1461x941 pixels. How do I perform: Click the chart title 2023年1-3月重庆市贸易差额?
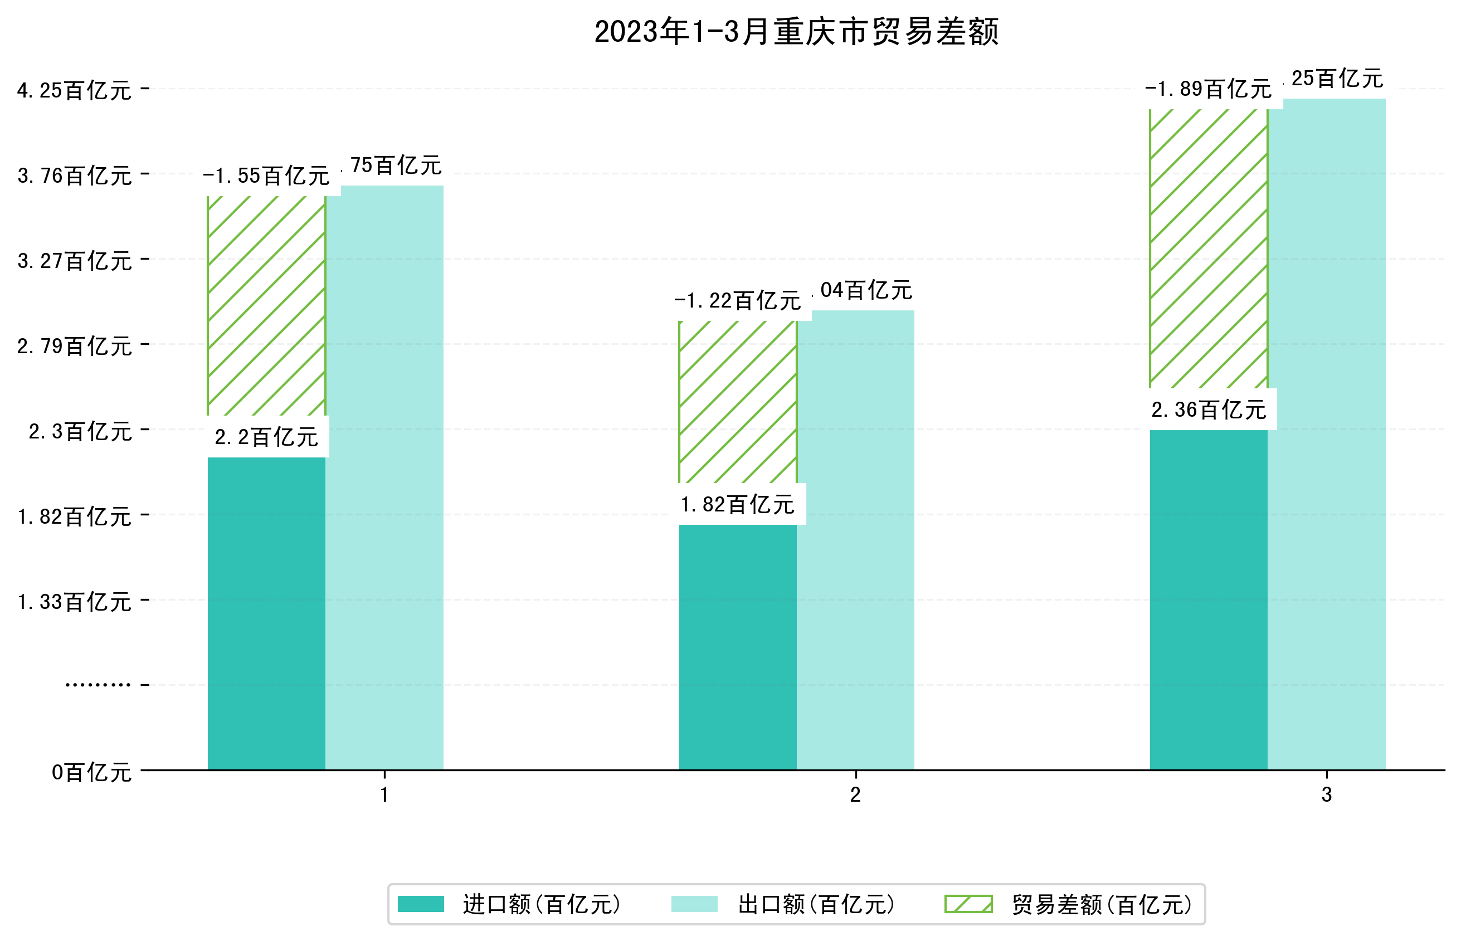pyautogui.click(x=796, y=32)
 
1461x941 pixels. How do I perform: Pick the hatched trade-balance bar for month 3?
pyautogui.click(x=1208, y=248)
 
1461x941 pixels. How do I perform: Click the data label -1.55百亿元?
pyautogui.click(x=266, y=176)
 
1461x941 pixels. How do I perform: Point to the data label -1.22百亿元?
pyautogui.click(x=738, y=301)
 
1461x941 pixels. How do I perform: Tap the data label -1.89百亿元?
pyautogui.click(x=1208, y=89)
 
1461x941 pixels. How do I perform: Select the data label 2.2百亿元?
pyautogui.click(x=266, y=437)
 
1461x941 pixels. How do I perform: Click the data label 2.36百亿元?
pyautogui.click(x=1208, y=409)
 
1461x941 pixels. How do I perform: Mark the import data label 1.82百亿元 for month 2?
pyautogui.click(x=738, y=504)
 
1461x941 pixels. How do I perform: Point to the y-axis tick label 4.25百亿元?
pyautogui.click(x=75, y=90)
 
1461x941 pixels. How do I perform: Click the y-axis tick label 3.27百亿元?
pyautogui.click(x=75, y=261)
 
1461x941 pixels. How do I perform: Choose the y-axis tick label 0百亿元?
pyautogui.click(x=91, y=772)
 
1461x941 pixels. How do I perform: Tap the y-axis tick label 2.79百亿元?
pyautogui.click(x=75, y=347)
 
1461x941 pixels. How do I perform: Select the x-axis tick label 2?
pyautogui.click(x=855, y=794)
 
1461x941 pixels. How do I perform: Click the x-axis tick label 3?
pyautogui.click(x=1327, y=794)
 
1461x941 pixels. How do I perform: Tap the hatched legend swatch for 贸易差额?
pyautogui.click(x=968, y=904)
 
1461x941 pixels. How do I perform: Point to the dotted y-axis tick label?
pyautogui.click(x=98, y=685)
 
